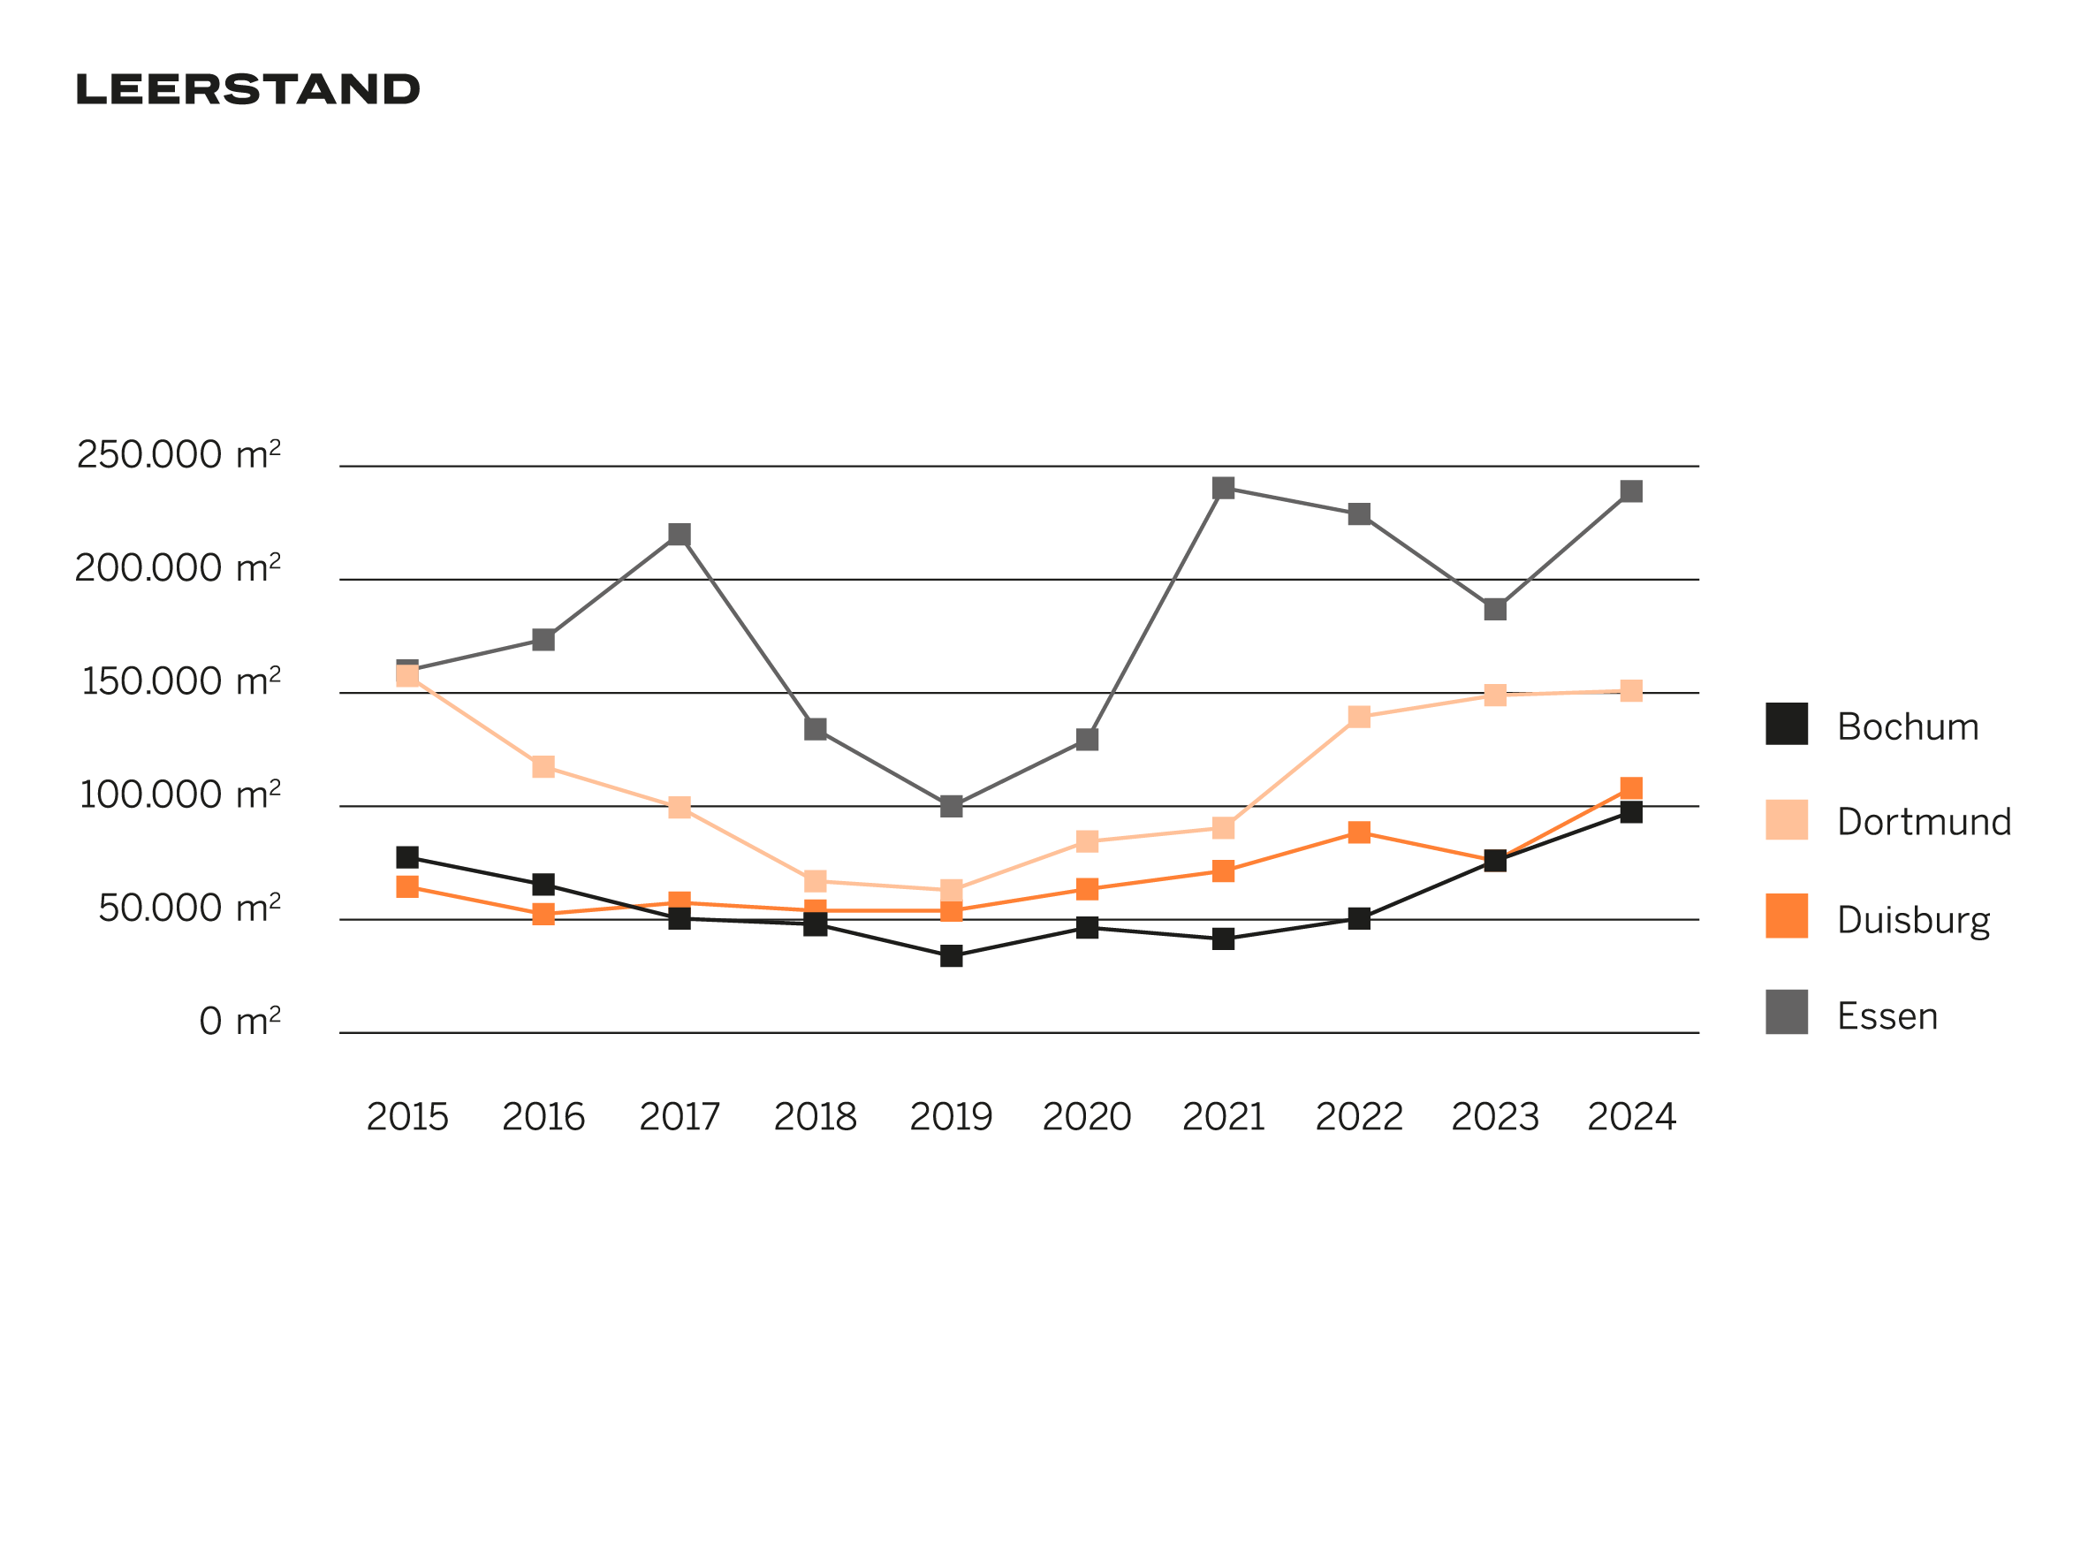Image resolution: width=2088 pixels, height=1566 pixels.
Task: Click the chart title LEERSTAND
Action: click(247, 89)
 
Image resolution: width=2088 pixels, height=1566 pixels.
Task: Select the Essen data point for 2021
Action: click(1223, 488)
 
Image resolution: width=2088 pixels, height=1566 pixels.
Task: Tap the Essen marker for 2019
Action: click(952, 806)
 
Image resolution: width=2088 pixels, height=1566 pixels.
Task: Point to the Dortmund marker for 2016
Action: click(543, 766)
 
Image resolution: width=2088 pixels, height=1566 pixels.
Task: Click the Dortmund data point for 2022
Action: click(1359, 718)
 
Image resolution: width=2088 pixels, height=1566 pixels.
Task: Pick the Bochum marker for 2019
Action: click(952, 956)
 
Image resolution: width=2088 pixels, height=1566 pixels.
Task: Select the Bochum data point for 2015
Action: click(406, 857)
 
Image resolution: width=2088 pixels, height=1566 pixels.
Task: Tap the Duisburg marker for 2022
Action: click(1359, 832)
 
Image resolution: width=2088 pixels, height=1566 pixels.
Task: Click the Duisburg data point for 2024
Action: click(1631, 788)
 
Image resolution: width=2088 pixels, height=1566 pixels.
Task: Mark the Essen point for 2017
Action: click(679, 536)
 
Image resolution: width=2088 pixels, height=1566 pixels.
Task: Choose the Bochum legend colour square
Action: click(1787, 724)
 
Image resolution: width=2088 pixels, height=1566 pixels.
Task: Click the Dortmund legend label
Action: click(1924, 822)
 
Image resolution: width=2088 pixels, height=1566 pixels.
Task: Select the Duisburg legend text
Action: click(1913, 919)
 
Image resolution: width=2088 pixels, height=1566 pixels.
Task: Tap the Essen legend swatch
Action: click(1787, 1012)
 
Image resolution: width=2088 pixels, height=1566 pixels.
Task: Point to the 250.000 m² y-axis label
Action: click(178, 455)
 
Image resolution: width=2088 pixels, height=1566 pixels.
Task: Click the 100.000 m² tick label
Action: click(179, 794)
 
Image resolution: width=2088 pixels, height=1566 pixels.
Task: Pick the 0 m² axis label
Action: click(239, 1022)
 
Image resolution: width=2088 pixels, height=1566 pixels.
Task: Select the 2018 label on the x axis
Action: click(815, 1118)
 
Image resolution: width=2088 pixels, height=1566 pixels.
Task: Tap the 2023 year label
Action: click(1495, 1118)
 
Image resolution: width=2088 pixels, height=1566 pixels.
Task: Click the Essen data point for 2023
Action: click(1495, 609)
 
